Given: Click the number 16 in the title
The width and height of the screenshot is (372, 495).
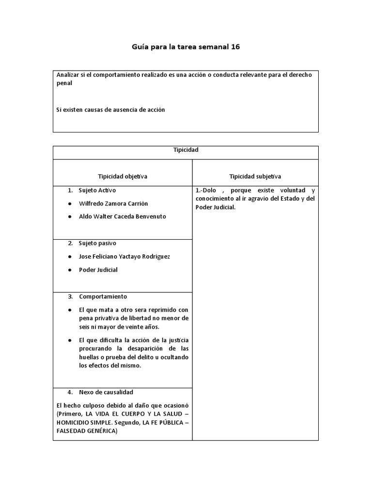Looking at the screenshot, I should click(x=234, y=47).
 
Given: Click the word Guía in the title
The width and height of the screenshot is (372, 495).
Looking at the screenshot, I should click(x=140, y=47).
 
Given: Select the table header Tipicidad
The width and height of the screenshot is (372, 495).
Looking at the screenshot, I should click(x=186, y=150).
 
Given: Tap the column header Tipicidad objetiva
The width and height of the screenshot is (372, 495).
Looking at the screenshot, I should click(x=123, y=176).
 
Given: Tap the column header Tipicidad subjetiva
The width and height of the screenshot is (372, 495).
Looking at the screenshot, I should click(x=255, y=176).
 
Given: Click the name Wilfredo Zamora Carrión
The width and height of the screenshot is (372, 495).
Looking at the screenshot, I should click(x=113, y=203).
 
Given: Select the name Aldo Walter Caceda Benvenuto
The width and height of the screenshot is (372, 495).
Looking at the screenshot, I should click(x=122, y=216).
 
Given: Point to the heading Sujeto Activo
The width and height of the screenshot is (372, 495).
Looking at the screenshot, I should click(x=97, y=190).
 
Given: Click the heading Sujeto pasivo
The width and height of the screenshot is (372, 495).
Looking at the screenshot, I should click(x=97, y=243).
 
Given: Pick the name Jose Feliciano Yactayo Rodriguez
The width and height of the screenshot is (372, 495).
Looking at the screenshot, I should click(x=124, y=256).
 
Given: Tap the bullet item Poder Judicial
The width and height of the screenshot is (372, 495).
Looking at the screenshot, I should click(x=98, y=269).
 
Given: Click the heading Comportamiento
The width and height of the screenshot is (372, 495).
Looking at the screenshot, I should click(x=103, y=296).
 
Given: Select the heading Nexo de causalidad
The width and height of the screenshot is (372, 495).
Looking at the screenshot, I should click(x=106, y=392).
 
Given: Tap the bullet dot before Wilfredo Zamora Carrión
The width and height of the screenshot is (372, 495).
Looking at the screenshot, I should click(x=70, y=204).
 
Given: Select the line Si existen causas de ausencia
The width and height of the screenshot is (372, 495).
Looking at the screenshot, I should click(x=110, y=110).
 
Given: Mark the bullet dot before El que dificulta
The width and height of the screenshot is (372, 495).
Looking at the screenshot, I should click(x=70, y=340).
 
